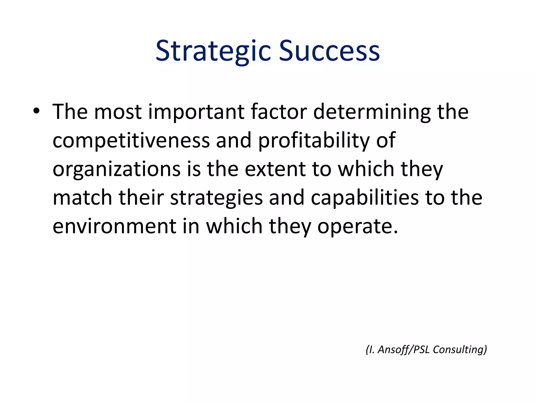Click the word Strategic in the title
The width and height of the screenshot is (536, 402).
213,51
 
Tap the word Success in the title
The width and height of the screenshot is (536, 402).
329,51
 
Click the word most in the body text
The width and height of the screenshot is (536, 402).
118,112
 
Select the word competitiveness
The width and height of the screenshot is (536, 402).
131,141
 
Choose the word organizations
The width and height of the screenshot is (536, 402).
116,170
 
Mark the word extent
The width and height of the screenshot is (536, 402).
276,169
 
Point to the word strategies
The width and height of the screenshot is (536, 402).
216,198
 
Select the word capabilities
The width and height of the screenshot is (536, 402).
365,198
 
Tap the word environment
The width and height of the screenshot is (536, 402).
114,226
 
